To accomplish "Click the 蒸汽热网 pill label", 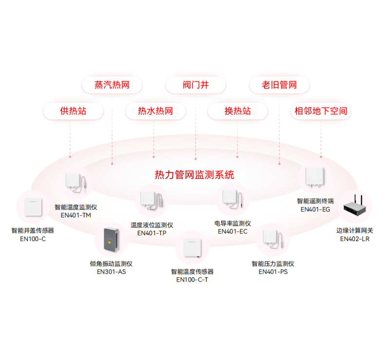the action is pyautogui.click(x=112, y=85).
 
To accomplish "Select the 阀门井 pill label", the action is pyautogui.click(x=196, y=85).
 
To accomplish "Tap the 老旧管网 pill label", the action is pyautogui.click(x=279, y=85).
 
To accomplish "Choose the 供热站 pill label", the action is pyautogui.click(x=73, y=111).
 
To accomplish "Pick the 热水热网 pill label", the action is pyautogui.click(x=156, y=111).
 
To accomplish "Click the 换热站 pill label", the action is pyautogui.click(x=237, y=111).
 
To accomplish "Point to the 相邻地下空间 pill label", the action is pyautogui.click(x=321, y=111).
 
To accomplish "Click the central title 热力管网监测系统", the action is pyautogui.click(x=195, y=175).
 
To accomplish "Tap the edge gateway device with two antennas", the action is pyautogui.click(x=355, y=206).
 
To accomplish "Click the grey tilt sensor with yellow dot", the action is pyautogui.click(x=111, y=239).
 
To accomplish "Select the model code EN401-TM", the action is pyautogui.click(x=76, y=215).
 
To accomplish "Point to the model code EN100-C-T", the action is pyautogui.click(x=192, y=280).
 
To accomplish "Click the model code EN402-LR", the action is pyautogui.click(x=355, y=239).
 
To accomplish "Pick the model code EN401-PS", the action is pyautogui.click(x=273, y=272).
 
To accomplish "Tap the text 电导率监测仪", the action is pyautogui.click(x=233, y=224).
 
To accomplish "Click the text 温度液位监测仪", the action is pyautogui.click(x=152, y=225).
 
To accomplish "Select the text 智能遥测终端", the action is pyautogui.click(x=315, y=201).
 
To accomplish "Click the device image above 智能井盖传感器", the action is pyautogui.click(x=33, y=207).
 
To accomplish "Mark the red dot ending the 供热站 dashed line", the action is pyautogui.click(x=70, y=157).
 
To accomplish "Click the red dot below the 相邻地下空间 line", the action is pyautogui.click(x=321, y=157).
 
